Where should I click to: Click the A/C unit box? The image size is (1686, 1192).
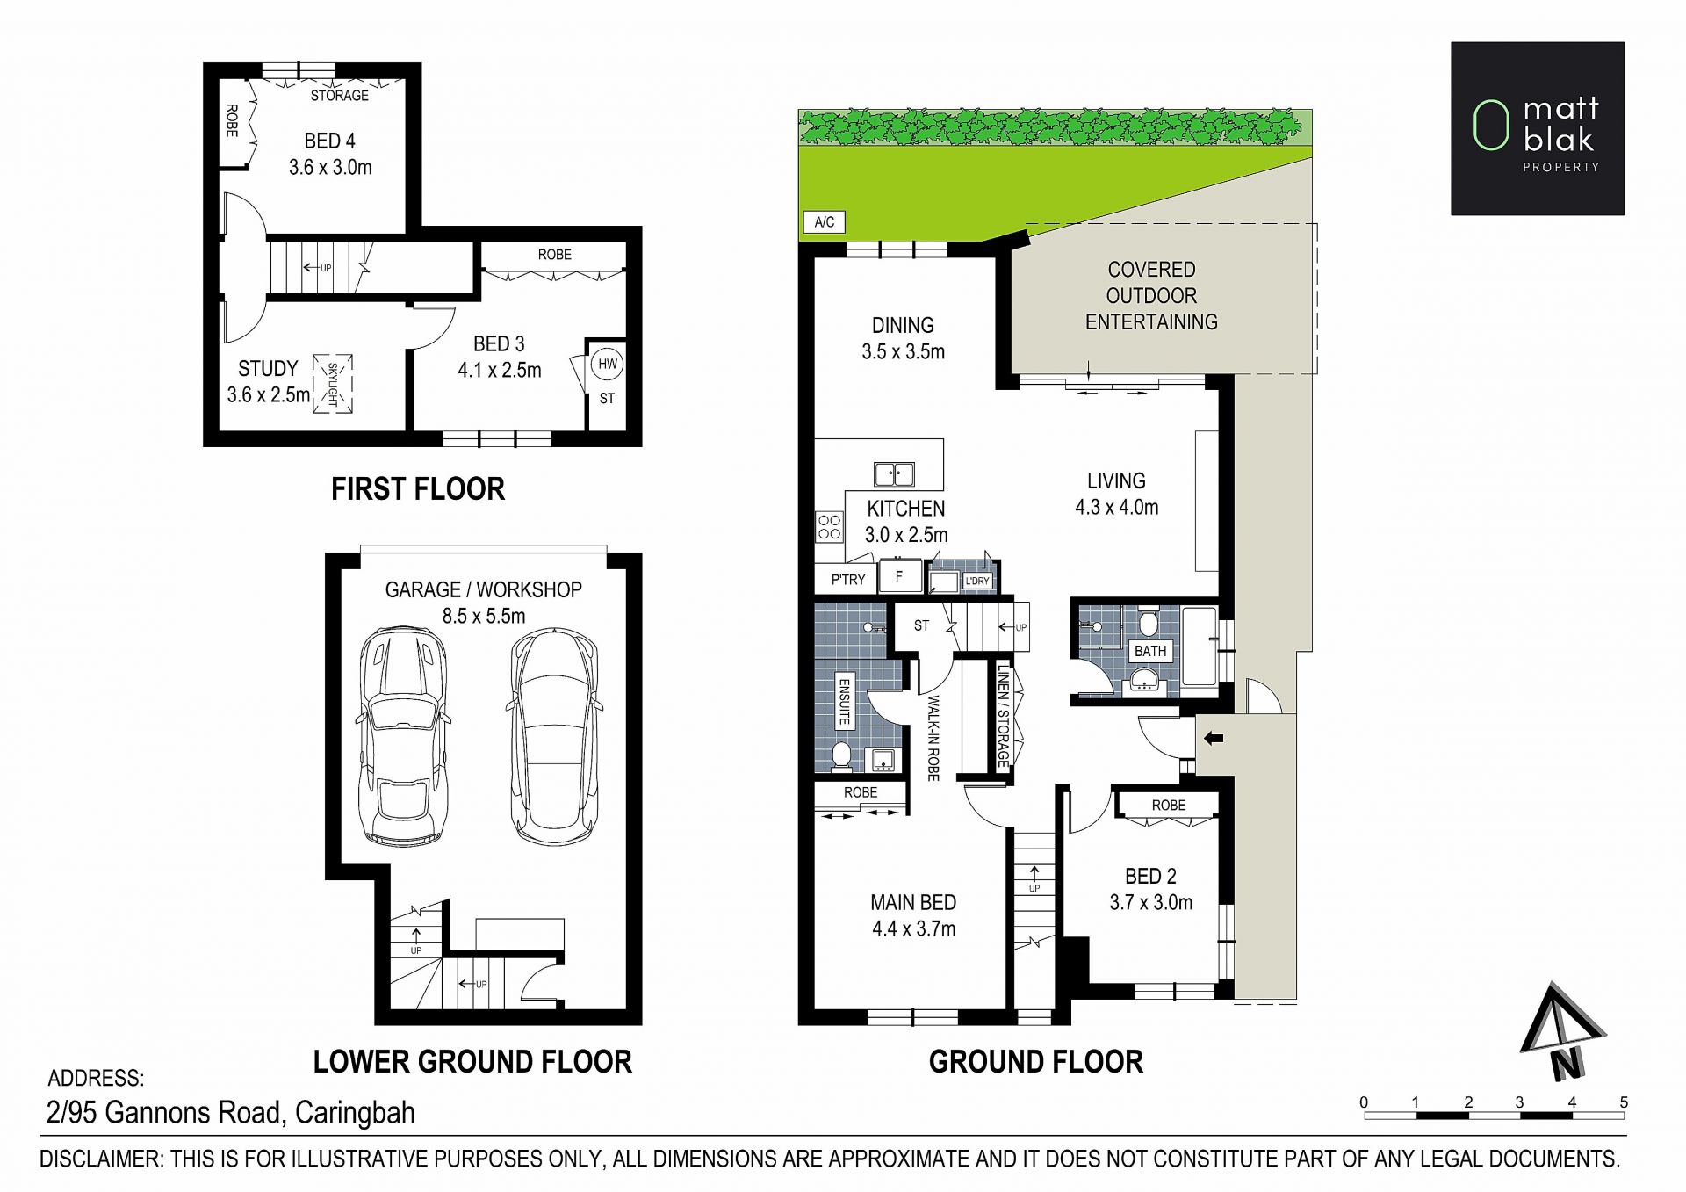pos(824,222)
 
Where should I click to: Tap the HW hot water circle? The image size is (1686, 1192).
pos(607,364)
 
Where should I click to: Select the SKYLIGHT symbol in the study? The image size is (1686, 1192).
pos(333,384)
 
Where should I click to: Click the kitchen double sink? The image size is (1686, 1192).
pos(894,474)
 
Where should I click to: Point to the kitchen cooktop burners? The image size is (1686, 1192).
pos(829,527)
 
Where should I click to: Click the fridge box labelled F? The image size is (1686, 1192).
pos(898,577)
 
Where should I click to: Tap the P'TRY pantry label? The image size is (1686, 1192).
pos(848,580)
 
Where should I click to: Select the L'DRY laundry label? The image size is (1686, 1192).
pos(977,581)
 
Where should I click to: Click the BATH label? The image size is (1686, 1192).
pos(1150,651)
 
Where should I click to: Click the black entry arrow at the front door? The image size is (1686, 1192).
pos(1214,738)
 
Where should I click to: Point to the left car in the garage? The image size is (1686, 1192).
pos(404,736)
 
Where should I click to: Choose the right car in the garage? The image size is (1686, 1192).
pos(554,736)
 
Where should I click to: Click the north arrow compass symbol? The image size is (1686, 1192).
pos(1560,1030)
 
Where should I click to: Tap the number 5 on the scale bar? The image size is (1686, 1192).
pos(1624,1102)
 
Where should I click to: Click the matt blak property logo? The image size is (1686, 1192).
pos(1538,128)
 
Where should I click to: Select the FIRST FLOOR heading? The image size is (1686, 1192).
pos(418,489)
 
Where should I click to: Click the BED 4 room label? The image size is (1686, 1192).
pos(330,141)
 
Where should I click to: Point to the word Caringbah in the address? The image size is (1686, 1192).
pos(355,1113)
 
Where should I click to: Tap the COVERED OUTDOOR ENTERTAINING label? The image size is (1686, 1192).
pos(1151,296)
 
